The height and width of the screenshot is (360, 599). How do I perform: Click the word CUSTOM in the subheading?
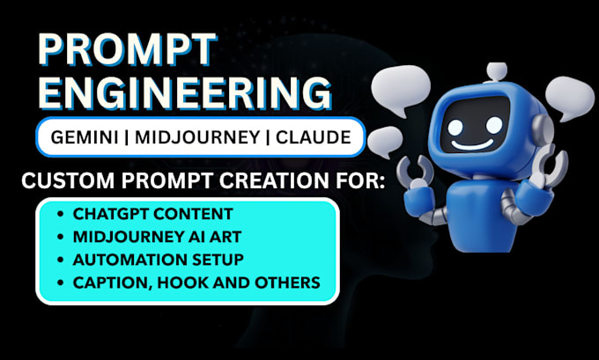coord(65,183)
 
